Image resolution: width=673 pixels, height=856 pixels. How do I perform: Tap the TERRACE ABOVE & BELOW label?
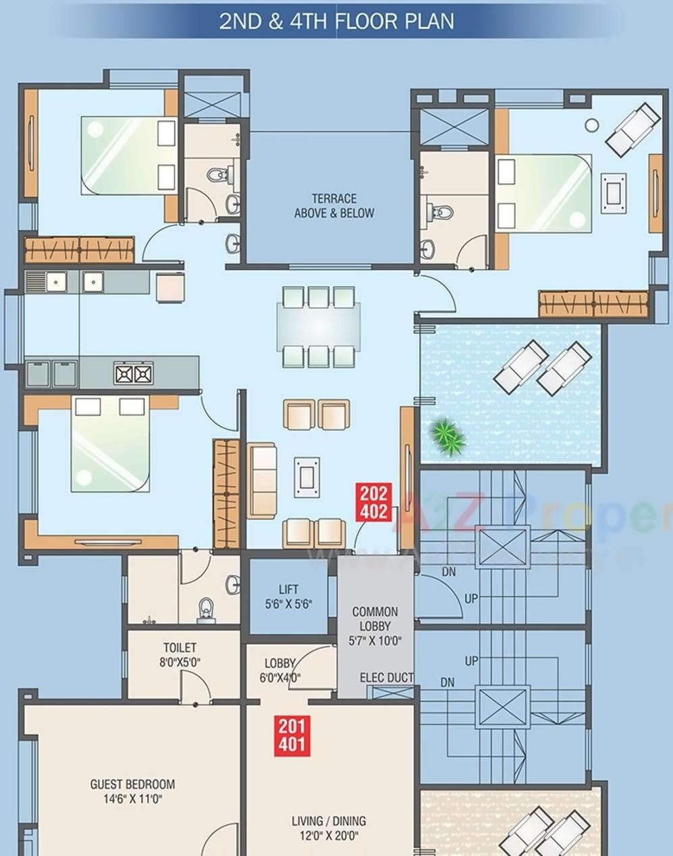[x=334, y=206]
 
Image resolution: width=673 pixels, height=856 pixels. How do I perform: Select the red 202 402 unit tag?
[x=373, y=502]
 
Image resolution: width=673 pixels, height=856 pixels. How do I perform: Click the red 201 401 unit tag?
[x=292, y=736]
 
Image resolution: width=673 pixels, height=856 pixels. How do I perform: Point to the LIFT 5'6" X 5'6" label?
[x=288, y=597]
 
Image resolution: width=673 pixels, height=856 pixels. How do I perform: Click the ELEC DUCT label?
[x=386, y=677]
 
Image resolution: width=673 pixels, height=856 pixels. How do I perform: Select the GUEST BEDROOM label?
[x=132, y=791]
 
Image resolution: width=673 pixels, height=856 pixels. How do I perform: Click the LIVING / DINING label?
[x=329, y=828]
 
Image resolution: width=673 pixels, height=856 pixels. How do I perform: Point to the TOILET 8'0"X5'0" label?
[x=180, y=655]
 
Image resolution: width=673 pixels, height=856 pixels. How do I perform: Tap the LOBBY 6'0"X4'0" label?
[x=279, y=670]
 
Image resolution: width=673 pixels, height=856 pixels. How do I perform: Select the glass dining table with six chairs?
[x=317, y=327]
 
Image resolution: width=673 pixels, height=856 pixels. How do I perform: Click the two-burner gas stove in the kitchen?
[x=134, y=373]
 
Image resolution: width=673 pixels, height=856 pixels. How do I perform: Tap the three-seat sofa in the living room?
[x=261, y=480]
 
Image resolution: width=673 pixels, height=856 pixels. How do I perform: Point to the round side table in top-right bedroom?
[x=591, y=125]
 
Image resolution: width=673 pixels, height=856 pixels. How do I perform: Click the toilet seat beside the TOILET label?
[x=207, y=610]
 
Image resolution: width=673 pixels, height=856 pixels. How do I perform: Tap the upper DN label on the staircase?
[x=448, y=572]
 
